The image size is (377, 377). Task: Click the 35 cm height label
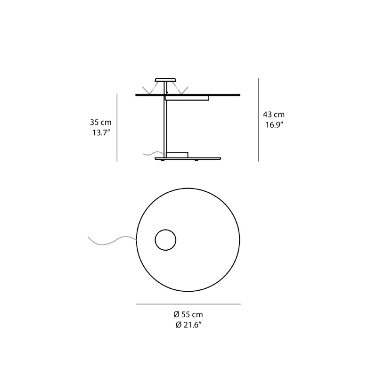click(x=101, y=123)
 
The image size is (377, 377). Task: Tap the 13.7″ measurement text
click(x=101, y=132)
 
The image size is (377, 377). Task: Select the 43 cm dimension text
click(x=274, y=115)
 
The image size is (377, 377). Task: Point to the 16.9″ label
click(x=274, y=125)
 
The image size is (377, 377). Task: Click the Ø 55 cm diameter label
click(x=188, y=314)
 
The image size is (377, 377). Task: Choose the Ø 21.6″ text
click(x=188, y=325)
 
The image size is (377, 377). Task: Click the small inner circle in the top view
click(x=165, y=240)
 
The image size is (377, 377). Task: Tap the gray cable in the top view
click(x=111, y=241)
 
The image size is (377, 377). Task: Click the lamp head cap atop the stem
click(x=165, y=79)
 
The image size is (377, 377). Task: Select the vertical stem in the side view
click(x=165, y=125)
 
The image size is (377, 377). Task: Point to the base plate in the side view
click(x=188, y=159)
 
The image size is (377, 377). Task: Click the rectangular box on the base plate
click(x=177, y=155)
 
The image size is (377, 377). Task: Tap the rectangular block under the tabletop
click(x=187, y=98)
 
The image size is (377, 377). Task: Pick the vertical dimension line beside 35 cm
click(x=117, y=127)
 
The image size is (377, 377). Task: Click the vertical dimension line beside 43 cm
click(x=258, y=120)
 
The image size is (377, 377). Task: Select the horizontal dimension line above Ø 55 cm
click(x=188, y=304)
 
